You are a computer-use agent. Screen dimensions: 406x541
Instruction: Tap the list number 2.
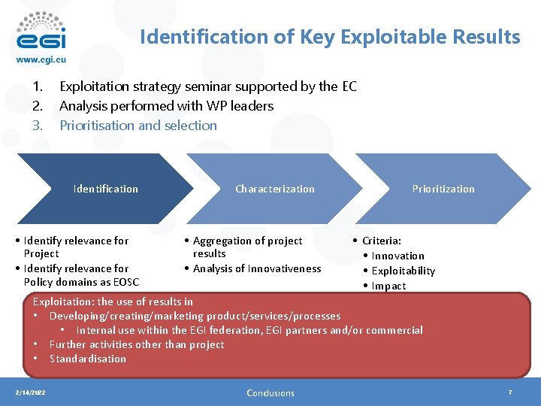pyautogui.click(x=36, y=106)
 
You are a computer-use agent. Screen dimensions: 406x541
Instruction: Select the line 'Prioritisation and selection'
pyautogui.click(x=138, y=126)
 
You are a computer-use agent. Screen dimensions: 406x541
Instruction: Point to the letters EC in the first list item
pyautogui.click(x=349, y=86)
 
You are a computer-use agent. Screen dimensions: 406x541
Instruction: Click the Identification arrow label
pyautogui.click(x=106, y=189)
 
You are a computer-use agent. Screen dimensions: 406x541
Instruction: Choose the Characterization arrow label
pyautogui.click(x=275, y=189)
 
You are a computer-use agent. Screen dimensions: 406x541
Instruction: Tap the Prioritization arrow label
pyautogui.click(x=443, y=189)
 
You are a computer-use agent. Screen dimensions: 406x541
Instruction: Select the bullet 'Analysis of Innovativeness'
pyautogui.click(x=257, y=268)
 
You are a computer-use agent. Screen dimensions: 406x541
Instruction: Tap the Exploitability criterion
pyautogui.click(x=403, y=271)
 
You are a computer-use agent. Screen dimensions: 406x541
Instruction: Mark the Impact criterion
pyautogui.click(x=388, y=286)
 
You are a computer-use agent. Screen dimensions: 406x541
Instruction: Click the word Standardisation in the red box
pyautogui.click(x=88, y=359)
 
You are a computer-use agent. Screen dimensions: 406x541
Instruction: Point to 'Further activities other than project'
pyautogui.click(x=137, y=344)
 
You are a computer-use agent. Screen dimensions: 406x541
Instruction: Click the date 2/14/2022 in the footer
pyautogui.click(x=30, y=392)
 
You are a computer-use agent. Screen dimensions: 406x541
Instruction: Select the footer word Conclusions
pyautogui.click(x=270, y=393)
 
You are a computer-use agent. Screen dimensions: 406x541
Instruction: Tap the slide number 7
pyautogui.click(x=510, y=392)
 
